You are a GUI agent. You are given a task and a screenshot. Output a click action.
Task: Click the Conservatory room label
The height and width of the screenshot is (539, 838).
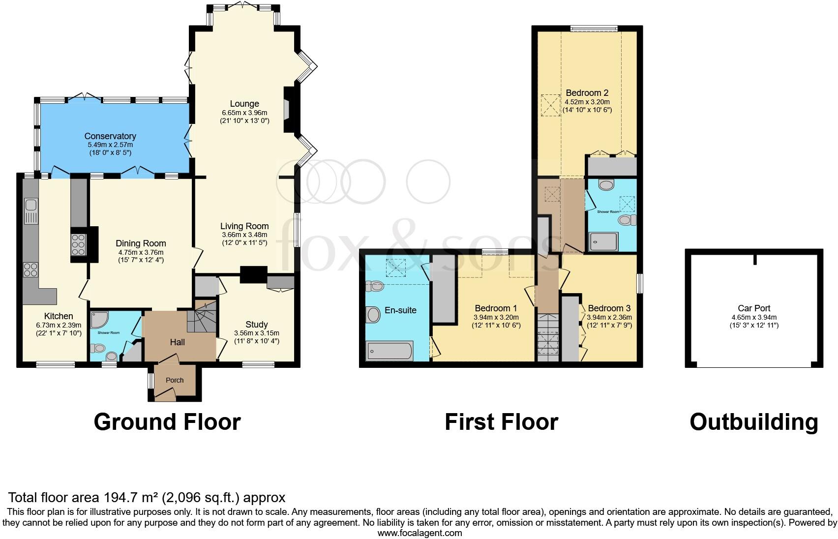tap(110, 136)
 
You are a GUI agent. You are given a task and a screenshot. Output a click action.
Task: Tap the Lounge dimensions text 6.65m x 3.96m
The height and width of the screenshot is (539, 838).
tap(244, 113)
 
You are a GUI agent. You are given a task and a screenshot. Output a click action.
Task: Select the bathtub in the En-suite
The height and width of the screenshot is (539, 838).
tap(390, 351)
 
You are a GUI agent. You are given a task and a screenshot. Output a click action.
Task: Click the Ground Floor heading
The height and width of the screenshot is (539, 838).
tap(167, 422)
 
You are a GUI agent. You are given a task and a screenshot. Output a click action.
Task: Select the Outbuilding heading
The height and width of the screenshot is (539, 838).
tap(753, 422)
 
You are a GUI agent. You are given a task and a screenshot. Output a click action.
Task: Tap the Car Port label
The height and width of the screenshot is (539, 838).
tap(754, 309)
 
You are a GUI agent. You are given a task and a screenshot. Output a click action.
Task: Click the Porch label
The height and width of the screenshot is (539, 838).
tap(175, 380)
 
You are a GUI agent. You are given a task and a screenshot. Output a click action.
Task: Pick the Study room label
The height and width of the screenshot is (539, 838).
tap(256, 325)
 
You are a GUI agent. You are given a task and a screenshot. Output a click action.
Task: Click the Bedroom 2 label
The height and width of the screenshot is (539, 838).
tap(587, 93)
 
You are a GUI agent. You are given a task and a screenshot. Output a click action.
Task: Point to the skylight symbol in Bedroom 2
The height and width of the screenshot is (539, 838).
tap(550, 105)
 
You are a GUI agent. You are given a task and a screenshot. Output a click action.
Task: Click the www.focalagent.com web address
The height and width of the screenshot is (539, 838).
tap(419, 533)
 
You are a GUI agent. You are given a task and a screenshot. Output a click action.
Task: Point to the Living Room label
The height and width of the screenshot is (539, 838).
tap(244, 226)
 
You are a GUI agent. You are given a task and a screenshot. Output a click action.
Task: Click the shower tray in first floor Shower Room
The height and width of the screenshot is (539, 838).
tap(603, 241)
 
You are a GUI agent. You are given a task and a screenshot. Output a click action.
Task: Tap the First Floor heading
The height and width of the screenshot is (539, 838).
tap(501, 422)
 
